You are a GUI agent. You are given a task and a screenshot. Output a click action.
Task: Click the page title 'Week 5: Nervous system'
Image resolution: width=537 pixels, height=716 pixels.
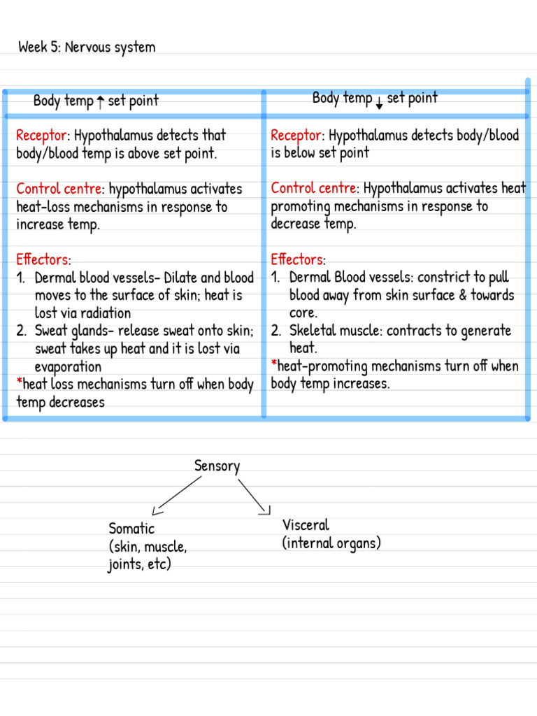point(87,48)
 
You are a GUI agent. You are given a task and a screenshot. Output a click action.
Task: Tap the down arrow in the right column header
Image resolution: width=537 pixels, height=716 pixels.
point(379,103)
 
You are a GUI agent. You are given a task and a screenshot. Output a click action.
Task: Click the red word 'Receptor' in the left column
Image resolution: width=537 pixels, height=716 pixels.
point(42,135)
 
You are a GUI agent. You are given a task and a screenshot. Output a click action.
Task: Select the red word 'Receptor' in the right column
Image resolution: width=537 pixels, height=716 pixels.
point(296,135)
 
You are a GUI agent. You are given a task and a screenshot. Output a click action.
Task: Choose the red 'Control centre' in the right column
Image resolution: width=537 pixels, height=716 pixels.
point(314,189)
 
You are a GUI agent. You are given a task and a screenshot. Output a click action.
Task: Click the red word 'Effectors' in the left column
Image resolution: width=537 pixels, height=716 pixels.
point(42,259)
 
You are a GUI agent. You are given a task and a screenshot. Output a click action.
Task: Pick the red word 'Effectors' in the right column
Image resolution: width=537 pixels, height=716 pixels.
point(296,259)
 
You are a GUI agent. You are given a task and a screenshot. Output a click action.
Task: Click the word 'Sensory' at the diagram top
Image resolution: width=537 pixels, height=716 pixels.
point(217,466)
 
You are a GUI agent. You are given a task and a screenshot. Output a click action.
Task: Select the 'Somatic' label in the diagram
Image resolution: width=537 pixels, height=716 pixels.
point(131,529)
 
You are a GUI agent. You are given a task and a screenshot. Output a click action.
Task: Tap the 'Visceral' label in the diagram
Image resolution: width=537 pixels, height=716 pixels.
point(306,525)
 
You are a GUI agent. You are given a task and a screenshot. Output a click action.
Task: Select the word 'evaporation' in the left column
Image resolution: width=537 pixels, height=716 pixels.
point(68,366)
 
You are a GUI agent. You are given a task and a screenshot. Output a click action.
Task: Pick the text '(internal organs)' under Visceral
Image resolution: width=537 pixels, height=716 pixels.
point(331,543)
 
